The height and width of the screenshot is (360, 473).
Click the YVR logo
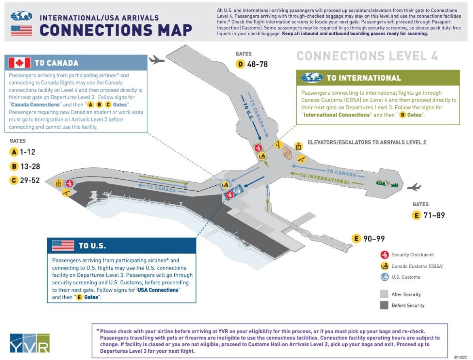[30, 343]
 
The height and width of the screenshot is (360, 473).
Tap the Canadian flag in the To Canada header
[20, 63]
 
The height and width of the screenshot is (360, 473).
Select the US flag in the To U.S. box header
[63, 246]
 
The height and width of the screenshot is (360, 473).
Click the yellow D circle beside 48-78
[241, 64]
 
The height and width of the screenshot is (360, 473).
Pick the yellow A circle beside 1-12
[14, 152]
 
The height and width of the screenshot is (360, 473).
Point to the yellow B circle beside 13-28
[14, 166]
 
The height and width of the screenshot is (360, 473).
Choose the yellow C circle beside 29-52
[14, 180]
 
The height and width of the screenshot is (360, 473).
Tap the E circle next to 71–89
[416, 215]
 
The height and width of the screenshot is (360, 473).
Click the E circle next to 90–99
[357, 239]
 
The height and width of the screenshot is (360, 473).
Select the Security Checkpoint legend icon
[384, 255]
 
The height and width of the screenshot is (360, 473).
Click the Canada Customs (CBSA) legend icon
[384, 266]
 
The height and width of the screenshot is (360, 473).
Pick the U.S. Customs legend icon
[384, 277]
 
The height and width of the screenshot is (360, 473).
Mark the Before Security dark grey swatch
[384, 305]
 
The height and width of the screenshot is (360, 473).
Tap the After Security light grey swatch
[384, 294]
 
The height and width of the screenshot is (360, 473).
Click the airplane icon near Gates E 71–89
[414, 187]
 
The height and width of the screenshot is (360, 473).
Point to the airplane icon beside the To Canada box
[157, 60]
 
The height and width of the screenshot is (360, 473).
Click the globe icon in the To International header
[312, 78]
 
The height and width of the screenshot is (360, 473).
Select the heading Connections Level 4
[367, 56]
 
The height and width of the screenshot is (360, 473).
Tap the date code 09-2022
[460, 357]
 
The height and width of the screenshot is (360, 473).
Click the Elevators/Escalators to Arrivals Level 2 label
[367, 142]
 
